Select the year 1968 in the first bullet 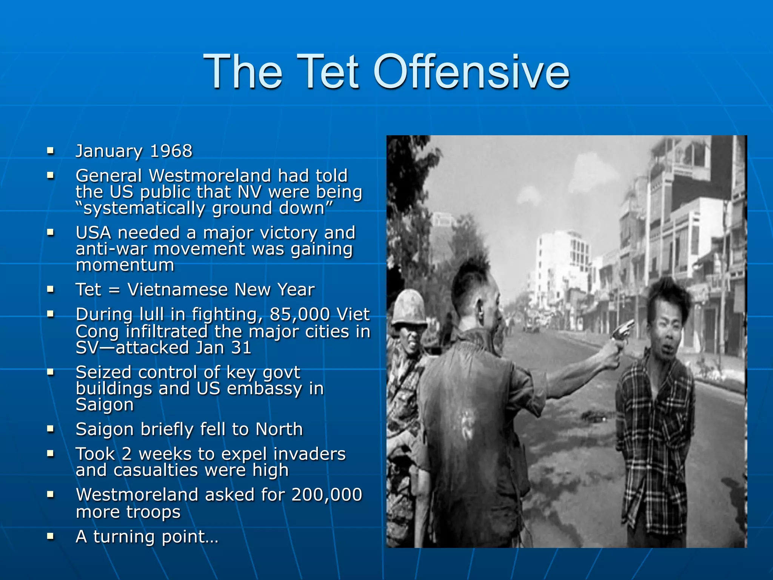pyautogui.click(x=171, y=151)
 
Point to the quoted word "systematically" pyautogui.click(x=143, y=208)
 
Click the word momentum pyautogui.click(x=125, y=265)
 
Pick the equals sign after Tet pyautogui.click(x=114, y=290)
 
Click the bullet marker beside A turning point pyautogui.click(x=50, y=536)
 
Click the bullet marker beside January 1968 pyautogui.click(x=50, y=151)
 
